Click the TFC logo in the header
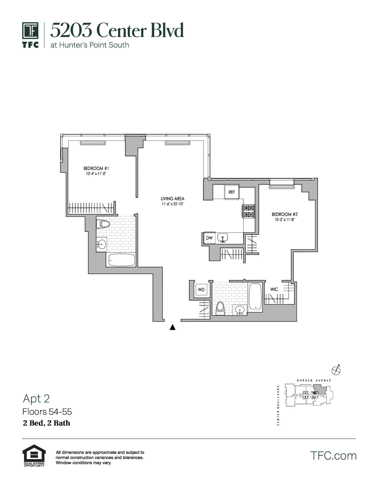[x=30, y=35]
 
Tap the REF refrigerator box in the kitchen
[x=232, y=192]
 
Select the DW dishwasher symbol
[x=209, y=238]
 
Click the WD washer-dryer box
[x=201, y=290]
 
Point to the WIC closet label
[x=274, y=289]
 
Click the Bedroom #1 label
[x=96, y=169]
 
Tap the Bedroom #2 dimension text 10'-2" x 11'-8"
[x=284, y=220]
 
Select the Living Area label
[x=172, y=199]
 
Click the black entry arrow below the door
[x=173, y=328]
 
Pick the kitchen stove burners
[x=249, y=211]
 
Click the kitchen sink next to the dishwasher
[x=222, y=238]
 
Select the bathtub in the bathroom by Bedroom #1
[x=122, y=260]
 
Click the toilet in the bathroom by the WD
[x=220, y=308]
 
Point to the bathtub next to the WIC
[x=255, y=296]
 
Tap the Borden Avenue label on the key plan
[x=314, y=380]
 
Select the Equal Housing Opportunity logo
[x=34, y=455]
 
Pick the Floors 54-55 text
[x=47, y=412]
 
